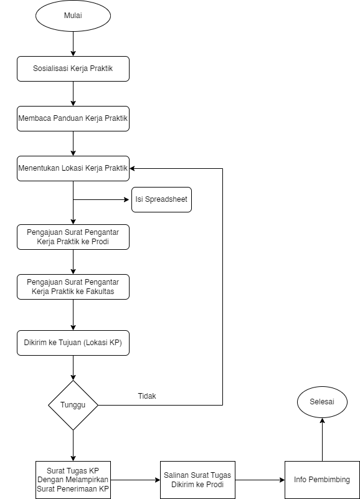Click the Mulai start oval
tap(73, 16)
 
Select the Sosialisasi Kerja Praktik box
tap(73, 69)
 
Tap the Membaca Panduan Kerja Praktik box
tap(73, 119)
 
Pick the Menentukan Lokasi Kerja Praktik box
tap(73, 169)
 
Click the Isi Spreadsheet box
tap(161, 199)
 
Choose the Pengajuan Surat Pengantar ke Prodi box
tap(73, 237)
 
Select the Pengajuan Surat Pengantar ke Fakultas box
tap(73, 287)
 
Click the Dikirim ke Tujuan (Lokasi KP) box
tap(73, 343)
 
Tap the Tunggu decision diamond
tap(73, 405)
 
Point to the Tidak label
tap(147, 396)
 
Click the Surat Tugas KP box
tap(73, 480)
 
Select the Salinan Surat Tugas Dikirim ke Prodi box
tap(197, 480)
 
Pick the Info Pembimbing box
tap(322, 480)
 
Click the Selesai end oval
tap(322, 402)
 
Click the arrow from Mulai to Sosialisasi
tap(73, 44)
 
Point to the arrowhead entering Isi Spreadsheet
tap(127, 200)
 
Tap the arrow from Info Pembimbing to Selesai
tap(322, 439)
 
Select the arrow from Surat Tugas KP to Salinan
tap(135, 480)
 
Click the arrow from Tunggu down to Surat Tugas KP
tap(73, 445)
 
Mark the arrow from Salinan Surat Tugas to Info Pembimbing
tap(260, 480)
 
